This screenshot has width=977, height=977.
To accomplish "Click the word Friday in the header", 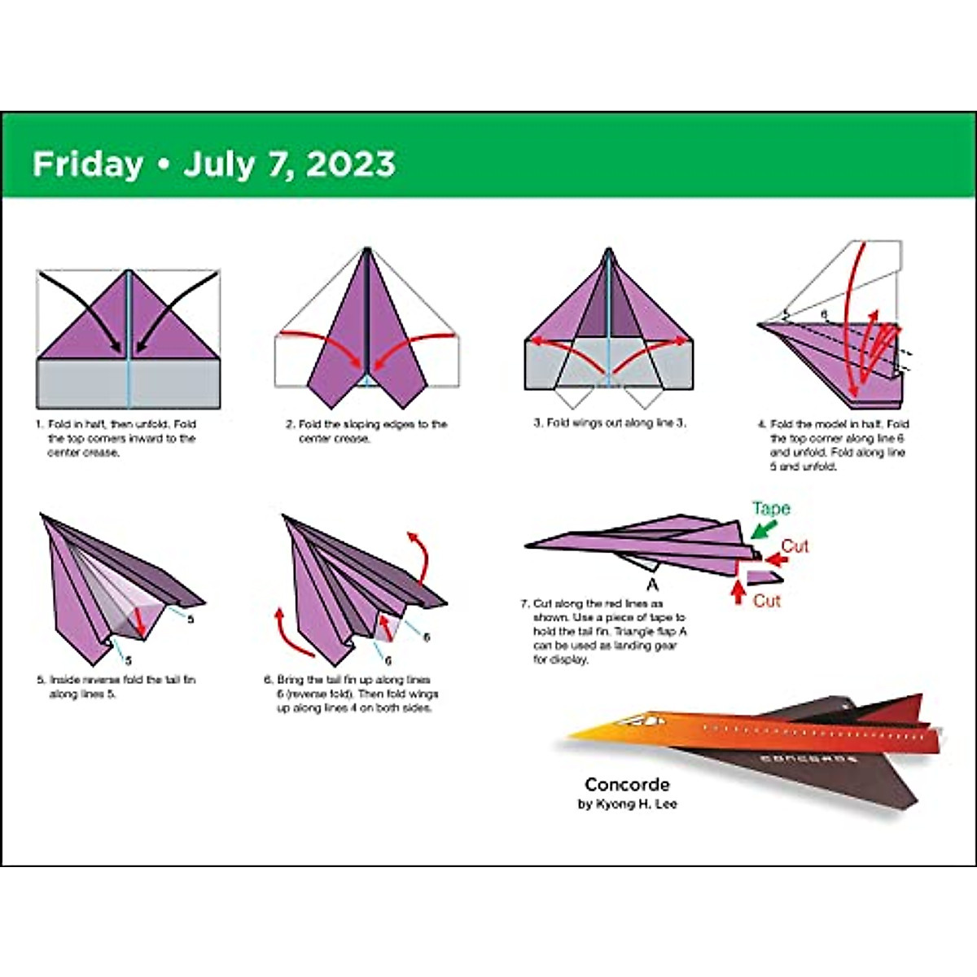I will click(x=88, y=164).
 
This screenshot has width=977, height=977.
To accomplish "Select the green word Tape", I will click(x=770, y=509).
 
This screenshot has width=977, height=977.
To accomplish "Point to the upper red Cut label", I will click(x=795, y=546).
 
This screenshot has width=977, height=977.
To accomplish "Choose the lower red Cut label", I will click(x=767, y=601).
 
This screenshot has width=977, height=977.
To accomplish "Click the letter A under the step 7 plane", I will click(x=652, y=584).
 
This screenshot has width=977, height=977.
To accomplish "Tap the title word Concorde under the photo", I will click(x=627, y=785).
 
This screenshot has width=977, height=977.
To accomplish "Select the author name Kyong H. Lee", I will click(x=627, y=804).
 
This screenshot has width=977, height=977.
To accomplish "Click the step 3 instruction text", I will click(x=610, y=423).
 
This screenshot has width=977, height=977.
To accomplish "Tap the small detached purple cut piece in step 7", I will click(x=765, y=578).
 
